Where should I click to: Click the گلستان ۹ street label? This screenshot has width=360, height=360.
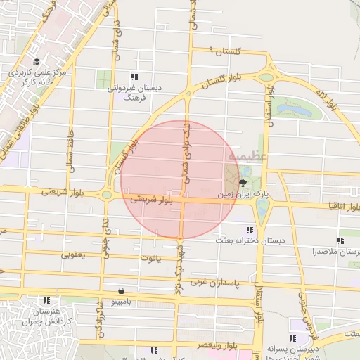click(x=227, y=51)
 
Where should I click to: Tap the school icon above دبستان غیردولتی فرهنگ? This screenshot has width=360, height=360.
click(x=134, y=77)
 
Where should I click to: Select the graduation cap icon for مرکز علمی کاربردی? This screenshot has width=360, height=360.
click(x=37, y=61)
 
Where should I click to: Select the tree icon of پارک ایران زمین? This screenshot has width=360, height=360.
click(x=243, y=182)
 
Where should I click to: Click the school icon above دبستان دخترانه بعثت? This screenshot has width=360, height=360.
click(x=250, y=230)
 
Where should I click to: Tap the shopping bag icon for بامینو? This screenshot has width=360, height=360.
click(x=122, y=290)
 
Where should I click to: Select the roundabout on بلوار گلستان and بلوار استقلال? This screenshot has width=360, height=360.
click(x=266, y=77)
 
